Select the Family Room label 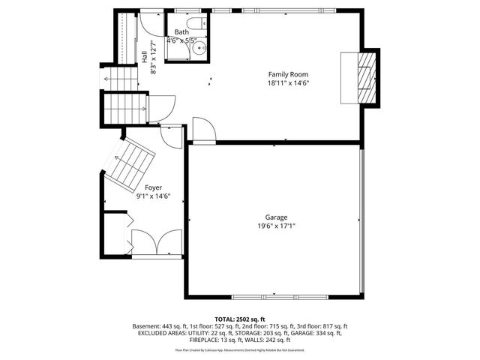point(288,74)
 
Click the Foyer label point(153,187)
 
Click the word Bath point(181,32)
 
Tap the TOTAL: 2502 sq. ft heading point(240,319)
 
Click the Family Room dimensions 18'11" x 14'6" point(288,83)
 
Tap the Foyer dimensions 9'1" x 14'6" point(153,196)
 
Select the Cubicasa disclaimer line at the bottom point(240,349)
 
